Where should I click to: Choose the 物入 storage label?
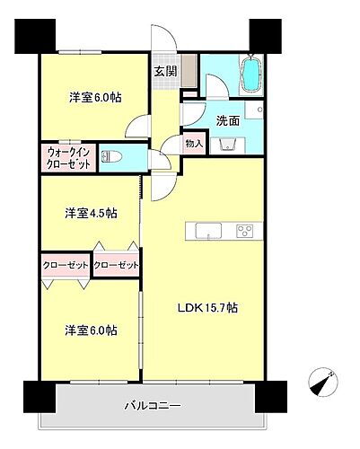[196, 144]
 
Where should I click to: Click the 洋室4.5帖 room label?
[90, 213]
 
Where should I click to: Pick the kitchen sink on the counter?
[202, 230]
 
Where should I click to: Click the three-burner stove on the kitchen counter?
[244, 230]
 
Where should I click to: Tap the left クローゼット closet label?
[64, 265]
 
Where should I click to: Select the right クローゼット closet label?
[116, 265]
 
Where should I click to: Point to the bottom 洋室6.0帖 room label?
[90, 330]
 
